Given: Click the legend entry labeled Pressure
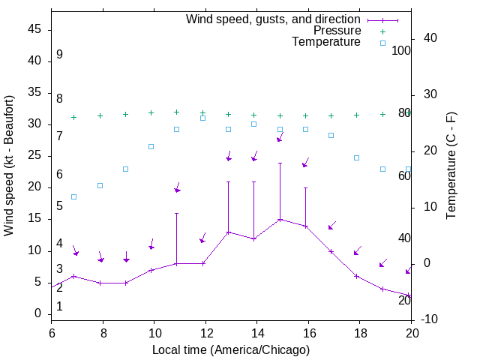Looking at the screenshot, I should pyautogui.click(x=337, y=31).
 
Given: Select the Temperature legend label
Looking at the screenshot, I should pyautogui.click(x=326, y=42).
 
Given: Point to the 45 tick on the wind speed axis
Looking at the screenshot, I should pyautogui.click(x=35, y=29).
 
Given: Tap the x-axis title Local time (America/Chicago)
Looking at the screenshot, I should pyautogui.click(x=231, y=349).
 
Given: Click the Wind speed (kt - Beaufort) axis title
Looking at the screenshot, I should pyautogui.click(x=10, y=165).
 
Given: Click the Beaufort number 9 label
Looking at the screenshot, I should pyautogui.click(x=59, y=55).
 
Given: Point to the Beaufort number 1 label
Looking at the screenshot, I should pyautogui.click(x=59, y=306).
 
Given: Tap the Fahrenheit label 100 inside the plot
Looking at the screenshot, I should pyautogui.click(x=401, y=51).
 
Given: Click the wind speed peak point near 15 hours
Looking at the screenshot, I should pyautogui.click(x=280, y=219).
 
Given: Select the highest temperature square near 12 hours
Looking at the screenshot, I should pyautogui.click(x=202, y=118).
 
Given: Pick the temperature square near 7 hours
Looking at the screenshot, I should pyautogui.click(x=74, y=196).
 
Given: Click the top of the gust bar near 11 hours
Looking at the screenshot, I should pyautogui.click(x=177, y=213).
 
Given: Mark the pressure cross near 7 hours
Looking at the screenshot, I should pyautogui.click(x=74, y=117).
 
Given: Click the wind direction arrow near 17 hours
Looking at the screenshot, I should pyautogui.click(x=331, y=225).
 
